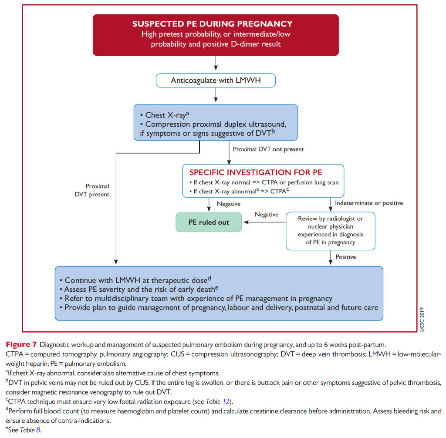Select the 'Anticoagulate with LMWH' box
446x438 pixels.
pos(216,81)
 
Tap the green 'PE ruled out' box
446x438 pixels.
pos(209,222)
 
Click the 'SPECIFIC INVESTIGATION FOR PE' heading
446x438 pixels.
pos(256,172)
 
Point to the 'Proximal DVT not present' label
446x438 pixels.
pos(268,149)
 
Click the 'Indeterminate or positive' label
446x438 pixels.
pos(369,203)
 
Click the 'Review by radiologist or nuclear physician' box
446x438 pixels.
pos(330,230)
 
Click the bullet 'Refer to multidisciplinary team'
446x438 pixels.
pos(198,298)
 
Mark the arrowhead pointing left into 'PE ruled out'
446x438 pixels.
pos(246,222)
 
